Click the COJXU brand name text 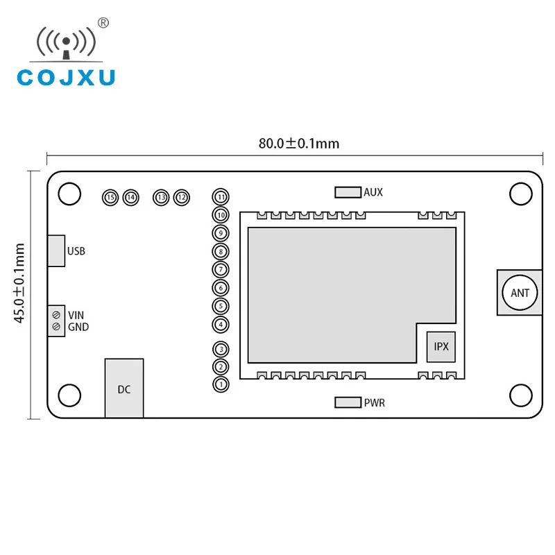(66, 76)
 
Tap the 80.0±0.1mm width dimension (299, 144)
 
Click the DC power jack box (124, 388)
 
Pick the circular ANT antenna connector (520, 293)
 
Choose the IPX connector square (441, 345)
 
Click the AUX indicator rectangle (348, 192)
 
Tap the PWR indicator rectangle (348, 402)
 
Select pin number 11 (221, 197)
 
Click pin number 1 (221, 384)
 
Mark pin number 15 (110, 198)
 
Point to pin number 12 (182, 198)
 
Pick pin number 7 (221, 269)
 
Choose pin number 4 (221, 324)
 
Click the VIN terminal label (76, 314)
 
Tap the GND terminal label (78, 327)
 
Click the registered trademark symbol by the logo (103, 23)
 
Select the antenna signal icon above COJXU (66, 43)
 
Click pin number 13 (161, 198)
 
